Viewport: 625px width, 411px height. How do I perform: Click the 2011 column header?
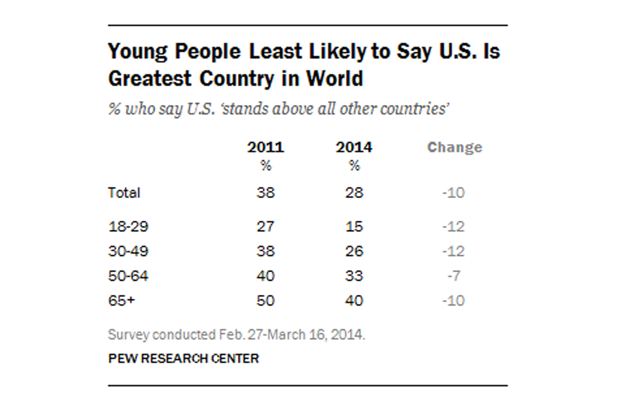[265, 147]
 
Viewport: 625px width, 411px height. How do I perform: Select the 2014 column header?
[354, 147]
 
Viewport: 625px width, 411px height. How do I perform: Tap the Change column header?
[455, 147]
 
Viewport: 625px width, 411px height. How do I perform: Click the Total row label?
[124, 193]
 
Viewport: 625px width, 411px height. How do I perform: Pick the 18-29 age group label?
[128, 227]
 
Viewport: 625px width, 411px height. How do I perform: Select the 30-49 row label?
[128, 251]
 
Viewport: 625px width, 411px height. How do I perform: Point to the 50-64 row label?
[128, 276]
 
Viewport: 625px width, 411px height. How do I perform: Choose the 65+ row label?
[122, 301]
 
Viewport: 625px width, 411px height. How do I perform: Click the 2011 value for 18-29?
[265, 227]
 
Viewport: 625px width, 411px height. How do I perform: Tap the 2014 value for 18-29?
[354, 227]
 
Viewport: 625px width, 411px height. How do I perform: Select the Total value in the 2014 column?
[354, 193]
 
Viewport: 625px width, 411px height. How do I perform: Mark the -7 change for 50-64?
[454, 276]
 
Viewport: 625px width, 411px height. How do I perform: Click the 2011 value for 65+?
[265, 301]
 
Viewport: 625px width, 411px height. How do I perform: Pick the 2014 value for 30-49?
[354, 251]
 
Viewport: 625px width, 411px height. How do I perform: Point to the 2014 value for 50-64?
[354, 276]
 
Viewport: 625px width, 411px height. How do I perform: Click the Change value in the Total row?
[454, 193]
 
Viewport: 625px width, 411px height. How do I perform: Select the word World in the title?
[335, 79]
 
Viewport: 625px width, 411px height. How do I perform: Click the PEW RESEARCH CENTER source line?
[184, 359]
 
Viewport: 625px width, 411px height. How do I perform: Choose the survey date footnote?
[236, 335]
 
